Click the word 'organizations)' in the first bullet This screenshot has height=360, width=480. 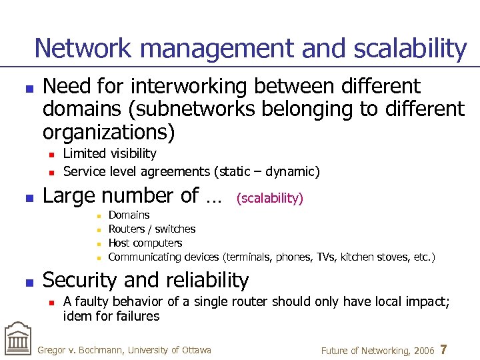tap(108, 131)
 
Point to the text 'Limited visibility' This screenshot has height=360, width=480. tap(109, 154)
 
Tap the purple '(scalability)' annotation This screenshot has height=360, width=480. tap(270, 198)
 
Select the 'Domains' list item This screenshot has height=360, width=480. tap(129, 215)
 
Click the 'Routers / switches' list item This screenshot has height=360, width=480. tap(151, 229)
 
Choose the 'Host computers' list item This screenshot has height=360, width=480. tap(145, 243)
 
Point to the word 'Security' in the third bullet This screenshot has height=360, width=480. tap(83, 281)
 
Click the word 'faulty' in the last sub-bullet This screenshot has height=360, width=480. tap(91, 302)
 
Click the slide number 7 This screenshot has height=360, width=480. tap(444, 350)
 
